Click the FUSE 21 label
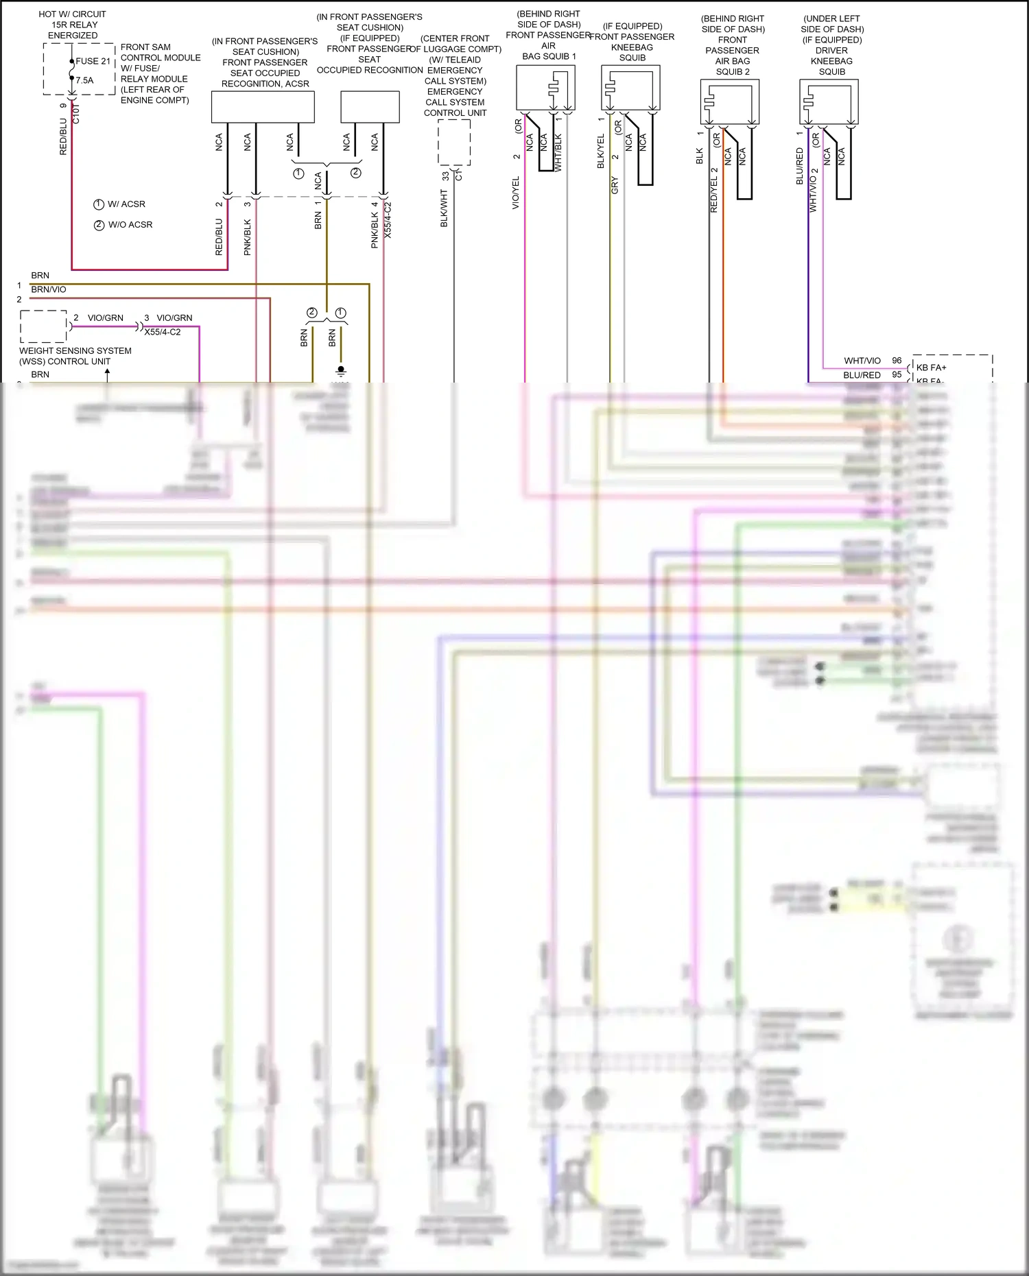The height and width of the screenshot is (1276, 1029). tap(93, 61)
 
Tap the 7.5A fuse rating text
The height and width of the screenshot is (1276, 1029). tap(84, 80)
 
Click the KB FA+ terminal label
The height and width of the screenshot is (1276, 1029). tap(931, 368)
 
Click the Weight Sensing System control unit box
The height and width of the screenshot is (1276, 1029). tap(43, 326)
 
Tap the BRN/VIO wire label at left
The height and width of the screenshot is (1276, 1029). tap(49, 289)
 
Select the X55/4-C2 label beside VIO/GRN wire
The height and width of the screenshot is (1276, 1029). tap(163, 332)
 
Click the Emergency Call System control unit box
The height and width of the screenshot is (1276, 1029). tap(454, 143)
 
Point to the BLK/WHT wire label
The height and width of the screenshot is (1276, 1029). tap(444, 208)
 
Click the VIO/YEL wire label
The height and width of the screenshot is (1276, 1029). tap(516, 193)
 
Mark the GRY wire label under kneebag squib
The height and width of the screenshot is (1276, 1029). tap(615, 185)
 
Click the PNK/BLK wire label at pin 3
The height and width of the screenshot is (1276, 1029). tap(248, 237)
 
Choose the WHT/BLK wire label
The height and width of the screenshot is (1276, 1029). tap(558, 152)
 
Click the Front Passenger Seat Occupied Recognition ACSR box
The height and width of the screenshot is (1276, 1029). tap(263, 107)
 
